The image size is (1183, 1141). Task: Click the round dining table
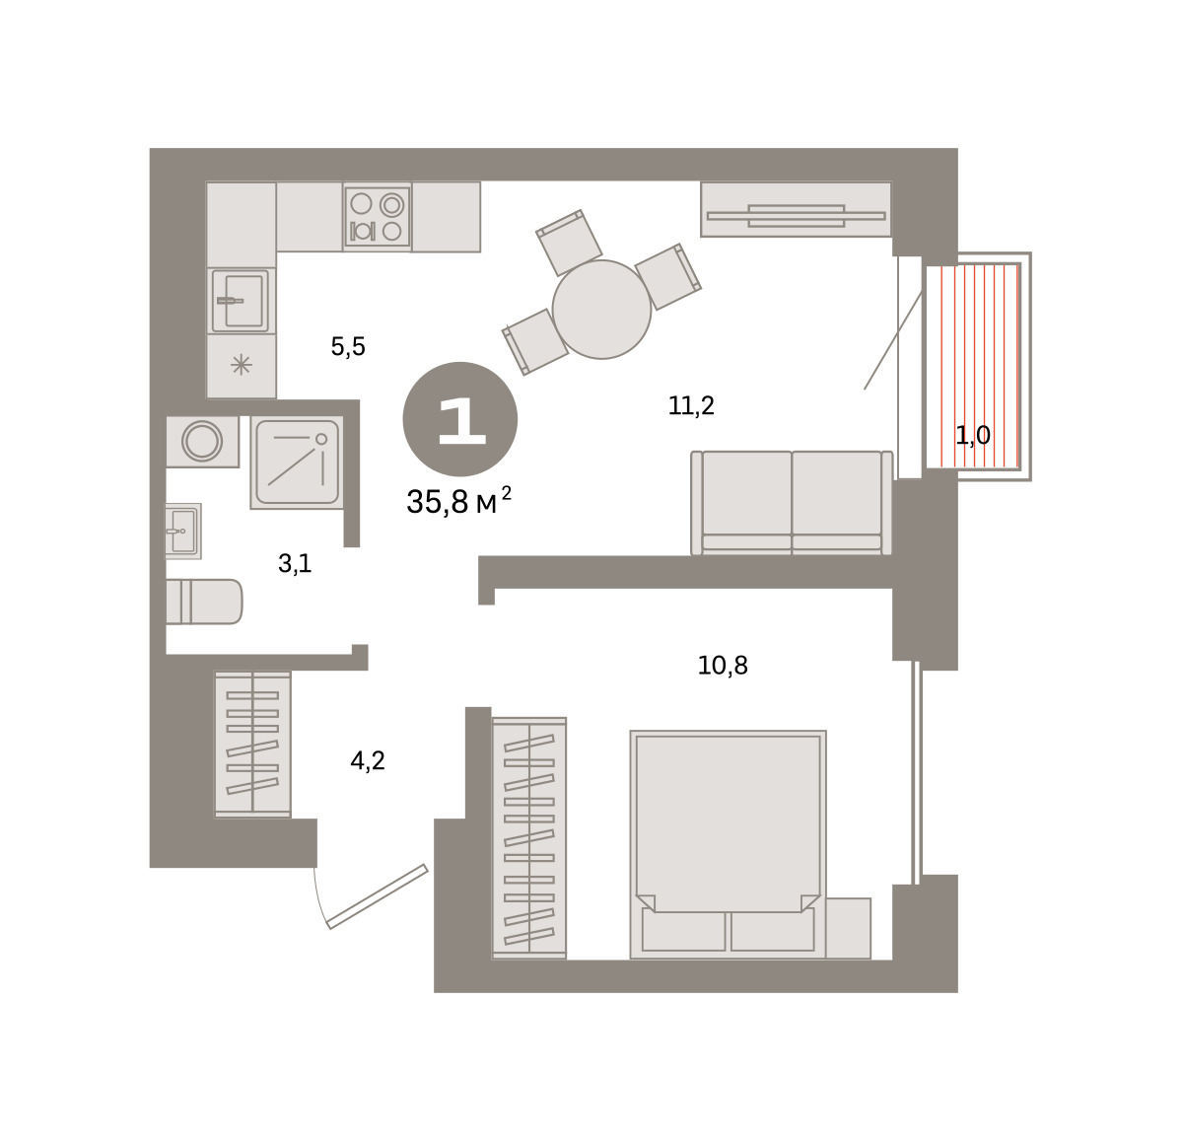[x=601, y=309]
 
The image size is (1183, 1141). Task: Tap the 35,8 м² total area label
[x=459, y=501]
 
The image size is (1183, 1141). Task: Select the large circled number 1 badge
[x=460, y=419]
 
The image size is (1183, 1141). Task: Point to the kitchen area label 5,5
[x=348, y=347]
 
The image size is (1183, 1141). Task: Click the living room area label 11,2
[x=691, y=405]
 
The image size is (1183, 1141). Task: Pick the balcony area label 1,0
[x=973, y=436]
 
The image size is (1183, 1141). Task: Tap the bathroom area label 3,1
[x=295, y=564]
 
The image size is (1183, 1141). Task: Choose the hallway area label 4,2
[x=368, y=760]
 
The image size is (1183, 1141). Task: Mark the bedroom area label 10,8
[x=723, y=666]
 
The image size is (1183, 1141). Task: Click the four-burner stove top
[x=377, y=217]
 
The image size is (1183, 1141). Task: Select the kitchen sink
[x=242, y=301]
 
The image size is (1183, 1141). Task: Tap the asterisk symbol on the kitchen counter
[x=242, y=365]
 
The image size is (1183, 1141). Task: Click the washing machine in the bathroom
[x=202, y=442]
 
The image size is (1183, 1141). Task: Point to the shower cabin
[x=298, y=463]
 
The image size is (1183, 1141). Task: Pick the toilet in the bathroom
[x=204, y=602]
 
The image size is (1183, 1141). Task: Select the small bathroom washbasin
[x=183, y=531]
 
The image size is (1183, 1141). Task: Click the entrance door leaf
[x=378, y=897]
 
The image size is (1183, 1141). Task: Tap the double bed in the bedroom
[x=728, y=844]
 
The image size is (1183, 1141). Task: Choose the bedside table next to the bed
[x=849, y=928]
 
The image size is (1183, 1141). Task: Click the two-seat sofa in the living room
[x=792, y=503]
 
